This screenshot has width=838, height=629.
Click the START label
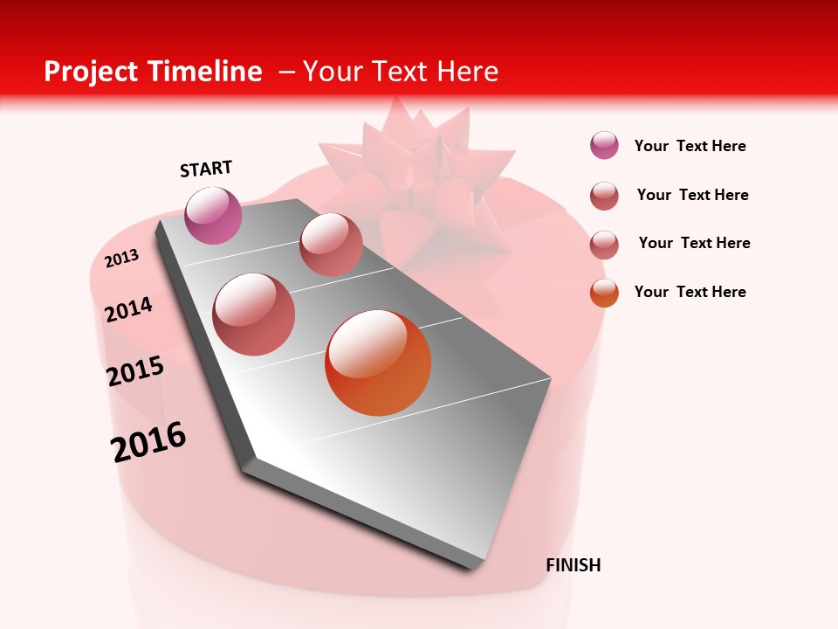[x=206, y=169]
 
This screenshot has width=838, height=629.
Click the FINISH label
[x=573, y=565]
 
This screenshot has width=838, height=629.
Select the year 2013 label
[x=122, y=258]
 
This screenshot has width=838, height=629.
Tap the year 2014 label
[x=129, y=309]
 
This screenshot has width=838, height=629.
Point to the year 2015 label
[x=135, y=371]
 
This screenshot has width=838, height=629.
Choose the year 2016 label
[x=148, y=441]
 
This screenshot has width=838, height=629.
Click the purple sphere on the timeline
[x=214, y=215]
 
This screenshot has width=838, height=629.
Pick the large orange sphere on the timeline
[x=378, y=363]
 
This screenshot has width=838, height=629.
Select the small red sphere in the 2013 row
[x=331, y=245]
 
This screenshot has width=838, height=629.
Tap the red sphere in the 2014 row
[x=254, y=314]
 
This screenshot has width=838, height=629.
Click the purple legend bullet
[x=604, y=146]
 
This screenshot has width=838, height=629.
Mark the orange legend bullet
[x=604, y=292]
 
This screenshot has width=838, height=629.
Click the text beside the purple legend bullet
[x=690, y=147]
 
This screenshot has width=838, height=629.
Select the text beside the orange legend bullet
[x=690, y=292]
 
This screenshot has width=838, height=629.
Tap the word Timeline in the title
[x=208, y=72]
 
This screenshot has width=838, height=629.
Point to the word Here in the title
[x=467, y=72]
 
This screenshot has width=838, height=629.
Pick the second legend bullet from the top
[x=604, y=195]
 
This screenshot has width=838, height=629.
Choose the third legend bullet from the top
[x=604, y=244]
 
